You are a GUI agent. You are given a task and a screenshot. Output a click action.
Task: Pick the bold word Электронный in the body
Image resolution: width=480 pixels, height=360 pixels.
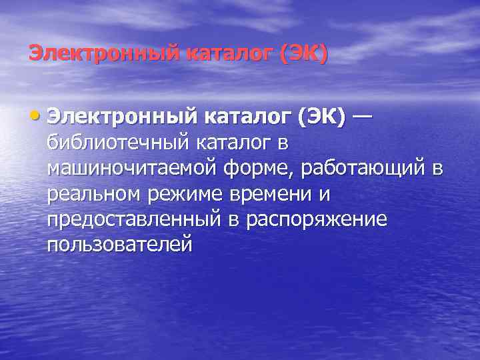point(119,117)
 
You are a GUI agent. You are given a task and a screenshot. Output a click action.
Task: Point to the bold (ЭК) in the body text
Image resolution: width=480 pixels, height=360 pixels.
point(322,117)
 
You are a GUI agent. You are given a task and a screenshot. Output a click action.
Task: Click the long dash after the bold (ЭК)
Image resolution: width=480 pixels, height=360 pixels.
point(363,117)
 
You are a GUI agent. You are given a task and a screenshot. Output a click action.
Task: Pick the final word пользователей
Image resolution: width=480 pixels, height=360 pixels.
point(120,245)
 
